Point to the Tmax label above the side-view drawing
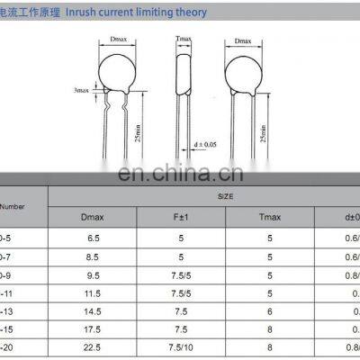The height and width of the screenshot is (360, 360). (183, 40)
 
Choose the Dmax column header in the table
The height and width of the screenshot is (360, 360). (92, 217)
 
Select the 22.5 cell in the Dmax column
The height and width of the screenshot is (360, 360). (92, 350)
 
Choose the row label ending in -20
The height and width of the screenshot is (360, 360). (12, 350)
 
